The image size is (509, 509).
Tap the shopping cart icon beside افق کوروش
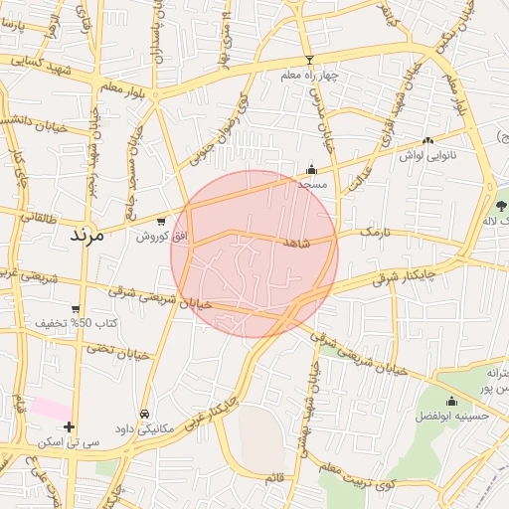pyautogui.click(x=161, y=221)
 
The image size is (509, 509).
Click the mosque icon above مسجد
pyautogui.click(x=312, y=169)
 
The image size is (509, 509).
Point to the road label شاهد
pyautogui.click(x=296, y=243)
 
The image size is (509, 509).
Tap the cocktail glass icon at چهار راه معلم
pyautogui.click(x=309, y=61)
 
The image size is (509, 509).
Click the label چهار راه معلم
pyautogui.click(x=309, y=77)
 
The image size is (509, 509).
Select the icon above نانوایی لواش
pyautogui.click(x=427, y=141)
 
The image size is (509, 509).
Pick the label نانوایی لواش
pyautogui.click(x=426, y=156)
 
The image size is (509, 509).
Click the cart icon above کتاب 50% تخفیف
pyautogui.click(x=76, y=309)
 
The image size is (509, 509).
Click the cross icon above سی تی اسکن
pyautogui.click(x=69, y=426)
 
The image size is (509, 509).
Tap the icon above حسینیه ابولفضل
pyautogui.click(x=451, y=402)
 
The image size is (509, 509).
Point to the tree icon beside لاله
pyautogui.click(x=490, y=189)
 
